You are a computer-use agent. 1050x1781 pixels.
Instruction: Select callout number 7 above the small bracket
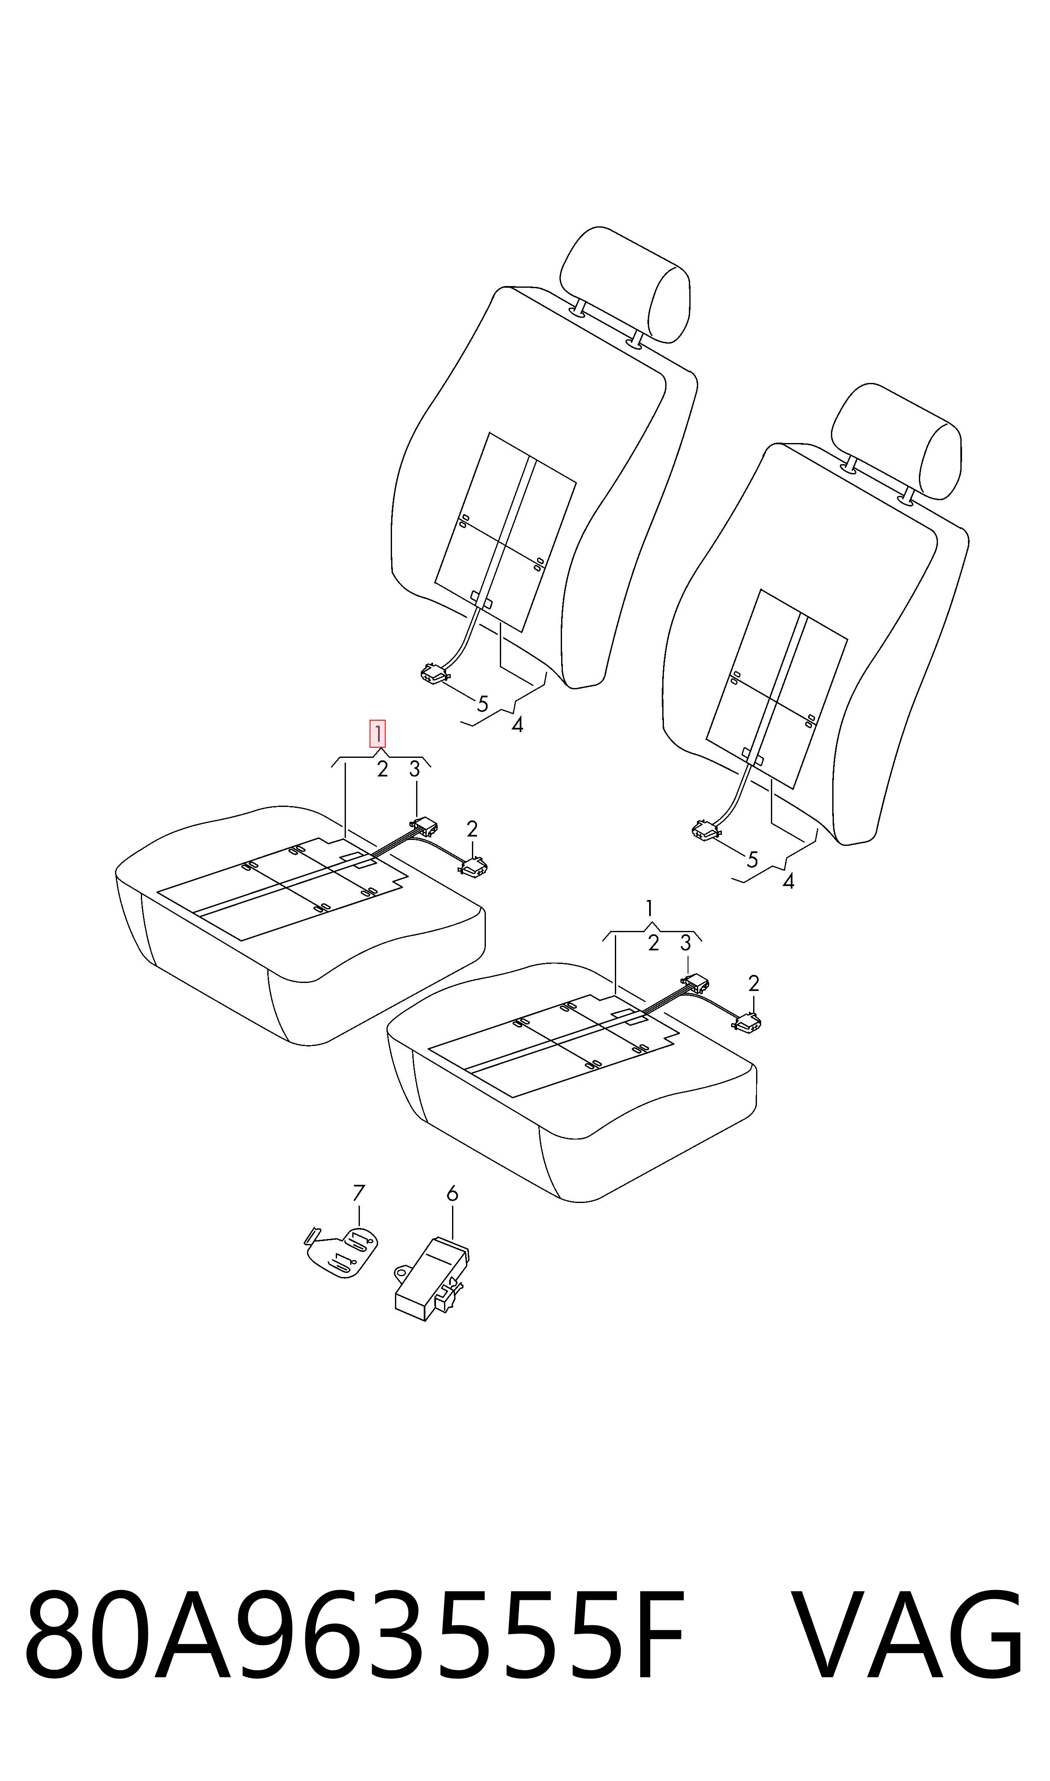359,1193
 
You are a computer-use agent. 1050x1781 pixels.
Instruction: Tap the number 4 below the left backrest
517,725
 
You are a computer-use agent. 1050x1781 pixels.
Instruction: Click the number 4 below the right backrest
788,881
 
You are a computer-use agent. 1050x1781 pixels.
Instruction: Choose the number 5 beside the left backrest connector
483,704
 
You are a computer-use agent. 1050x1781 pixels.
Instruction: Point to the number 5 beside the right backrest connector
752,860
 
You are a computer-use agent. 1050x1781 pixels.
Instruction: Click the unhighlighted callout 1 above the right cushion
650,908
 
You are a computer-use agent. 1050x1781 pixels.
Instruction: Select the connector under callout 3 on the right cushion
694,983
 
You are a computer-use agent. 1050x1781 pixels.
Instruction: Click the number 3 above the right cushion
685,942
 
